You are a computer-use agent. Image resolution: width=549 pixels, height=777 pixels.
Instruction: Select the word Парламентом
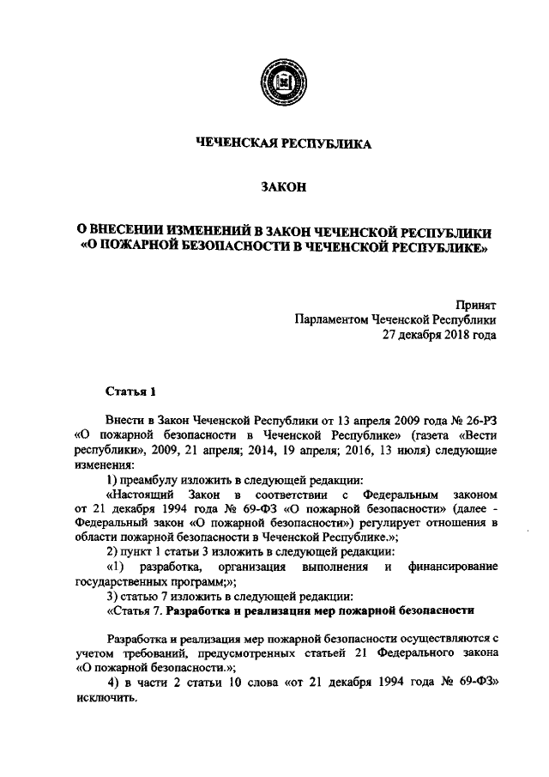pyautogui.click(x=329, y=320)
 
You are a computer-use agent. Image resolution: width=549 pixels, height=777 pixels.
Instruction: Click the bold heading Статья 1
pyautogui.click(x=130, y=392)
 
